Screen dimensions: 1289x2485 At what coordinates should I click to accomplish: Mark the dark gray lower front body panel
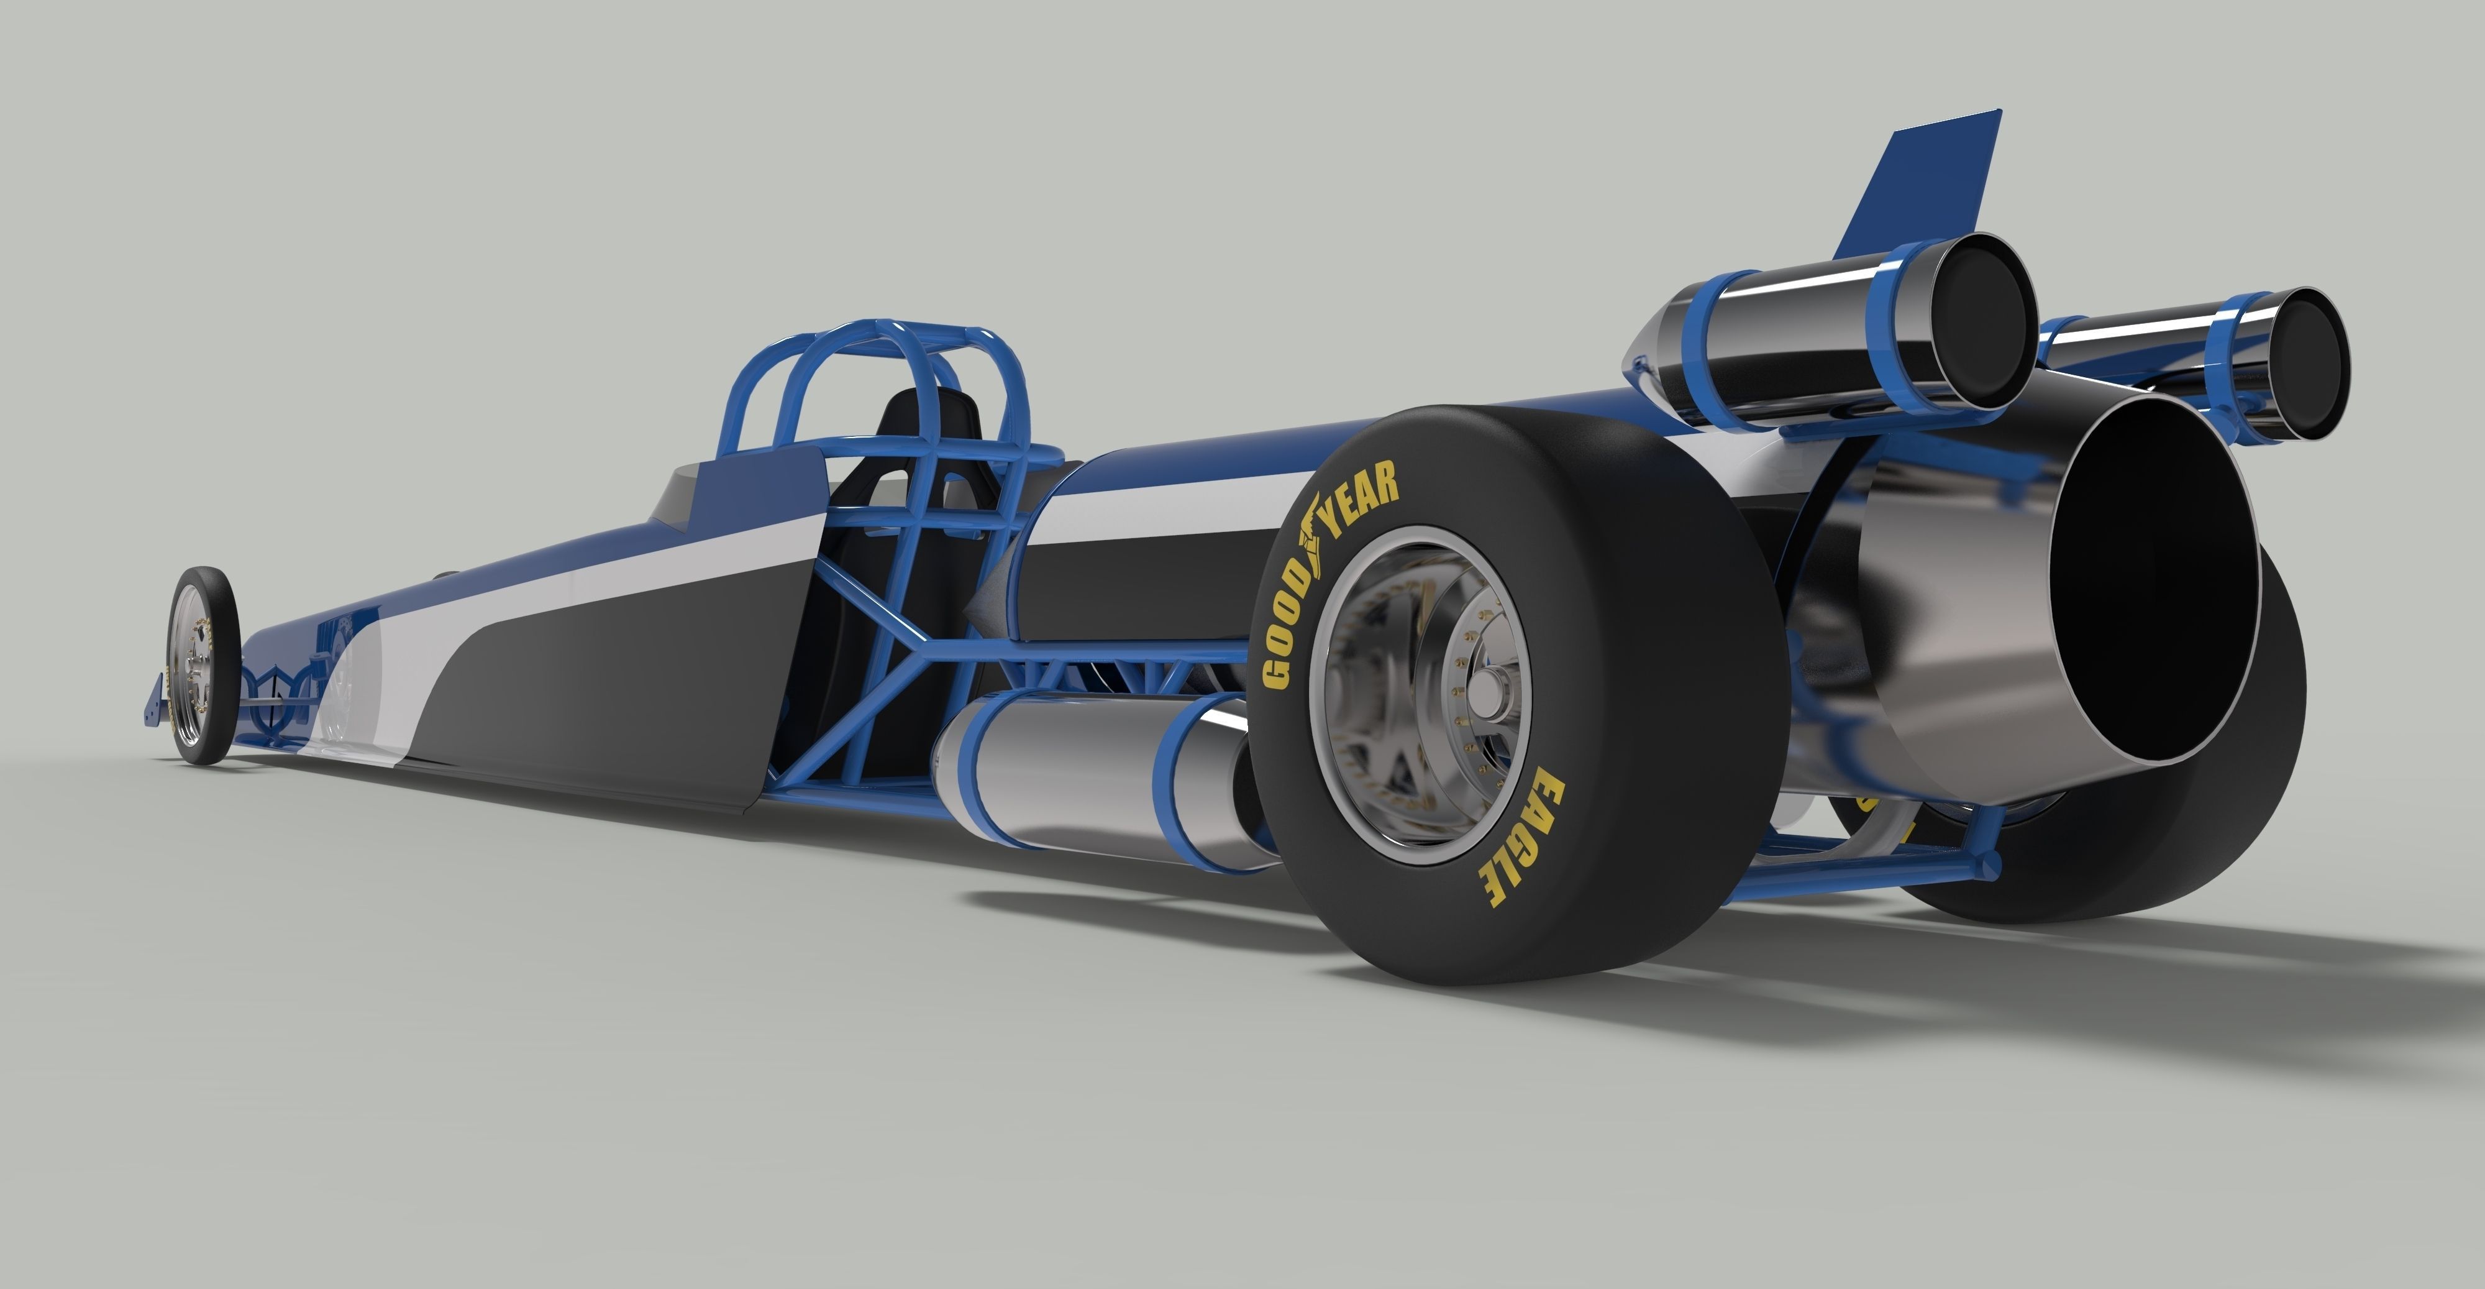598,695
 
